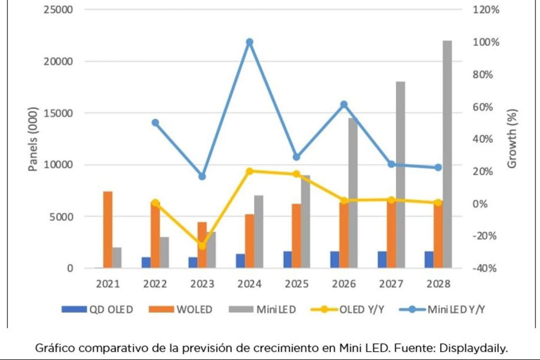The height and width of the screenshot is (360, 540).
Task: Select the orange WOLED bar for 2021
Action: point(108,229)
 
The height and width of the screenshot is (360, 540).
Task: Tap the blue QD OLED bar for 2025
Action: point(288,260)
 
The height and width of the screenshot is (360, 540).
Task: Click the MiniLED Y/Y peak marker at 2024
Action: point(250,42)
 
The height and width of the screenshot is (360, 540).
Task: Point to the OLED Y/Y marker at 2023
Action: point(202,246)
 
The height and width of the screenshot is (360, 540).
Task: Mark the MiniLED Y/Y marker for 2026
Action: point(344,104)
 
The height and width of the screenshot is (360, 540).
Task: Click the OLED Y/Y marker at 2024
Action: point(250,171)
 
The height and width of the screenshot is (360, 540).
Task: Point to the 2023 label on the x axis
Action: point(202,284)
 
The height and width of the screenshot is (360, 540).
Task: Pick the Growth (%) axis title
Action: point(512,139)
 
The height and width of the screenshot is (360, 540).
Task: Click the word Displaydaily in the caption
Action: point(484,348)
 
